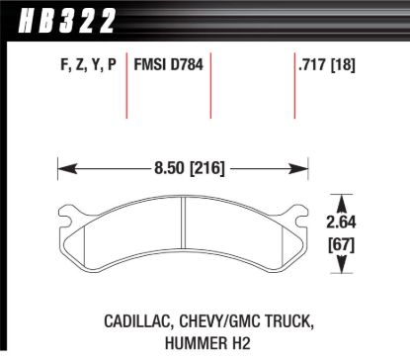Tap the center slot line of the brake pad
coord(184,232)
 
